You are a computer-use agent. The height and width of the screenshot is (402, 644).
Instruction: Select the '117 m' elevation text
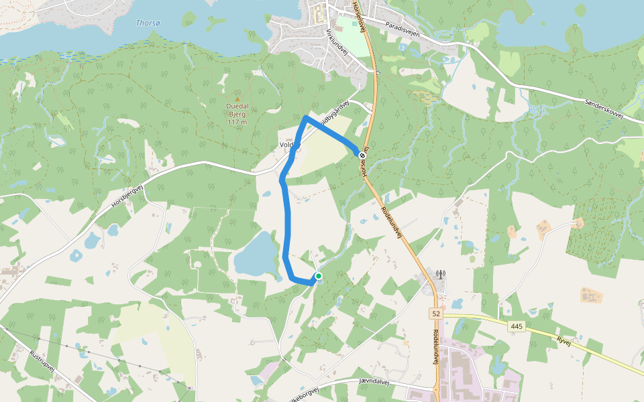tap(237, 122)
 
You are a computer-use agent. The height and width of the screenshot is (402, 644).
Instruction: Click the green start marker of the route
tap(318, 276)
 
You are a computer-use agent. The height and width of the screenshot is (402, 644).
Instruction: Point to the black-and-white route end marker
tap(362, 155)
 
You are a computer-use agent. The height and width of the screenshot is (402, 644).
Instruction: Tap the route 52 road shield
tap(436, 313)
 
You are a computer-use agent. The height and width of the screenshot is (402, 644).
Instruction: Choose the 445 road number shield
tap(515, 326)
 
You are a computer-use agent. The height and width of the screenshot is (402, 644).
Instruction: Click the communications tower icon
tap(441, 275)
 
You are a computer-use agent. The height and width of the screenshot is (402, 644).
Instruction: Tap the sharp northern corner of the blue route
tap(305, 118)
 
